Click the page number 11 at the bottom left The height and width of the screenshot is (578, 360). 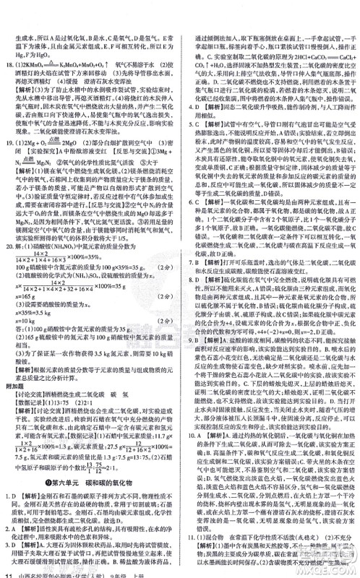7,571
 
